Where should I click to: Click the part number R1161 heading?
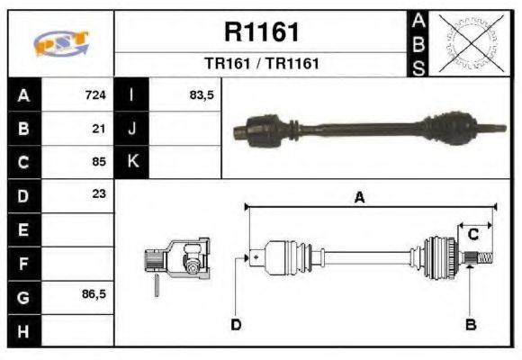[x=261, y=32]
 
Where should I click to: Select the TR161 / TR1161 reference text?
[x=261, y=65]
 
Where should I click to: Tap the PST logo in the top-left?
[x=61, y=44]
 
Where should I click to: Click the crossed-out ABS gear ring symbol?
[x=469, y=42]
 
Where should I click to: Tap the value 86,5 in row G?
[x=94, y=294]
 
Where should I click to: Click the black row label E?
[x=22, y=229]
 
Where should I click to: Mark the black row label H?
[x=22, y=329]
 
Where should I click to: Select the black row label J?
[x=132, y=129]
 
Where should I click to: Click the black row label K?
[x=132, y=162]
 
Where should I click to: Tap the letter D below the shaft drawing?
[x=236, y=324]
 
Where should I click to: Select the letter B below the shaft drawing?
[x=470, y=324]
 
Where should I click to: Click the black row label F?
[x=22, y=263]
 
